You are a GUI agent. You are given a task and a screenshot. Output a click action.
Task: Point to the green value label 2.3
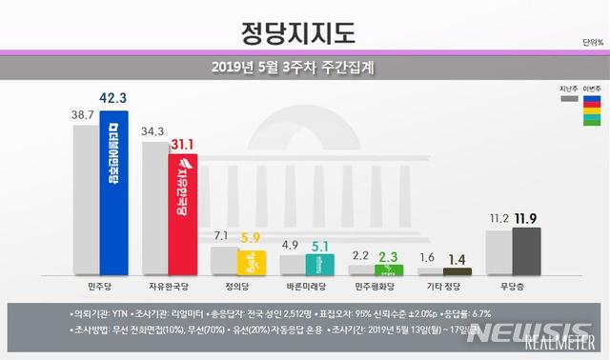[x=389, y=255]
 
